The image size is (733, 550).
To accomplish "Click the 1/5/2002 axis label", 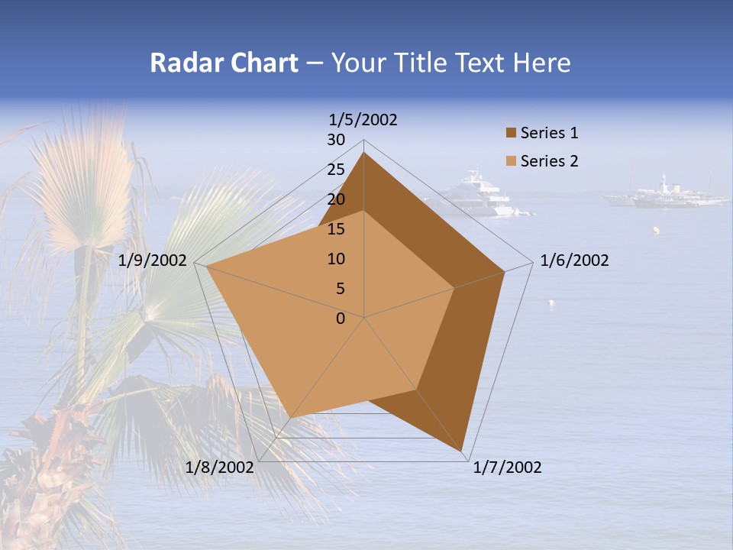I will [x=363, y=120].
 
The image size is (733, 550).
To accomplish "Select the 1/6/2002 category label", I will [x=574, y=261].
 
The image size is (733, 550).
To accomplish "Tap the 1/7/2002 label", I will [x=507, y=467].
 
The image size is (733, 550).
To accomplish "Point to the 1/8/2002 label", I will [x=219, y=467].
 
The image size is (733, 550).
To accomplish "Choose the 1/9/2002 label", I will [x=153, y=261].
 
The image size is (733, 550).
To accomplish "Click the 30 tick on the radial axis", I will [x=336, y=140].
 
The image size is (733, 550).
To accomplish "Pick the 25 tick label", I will [x=336, y=170].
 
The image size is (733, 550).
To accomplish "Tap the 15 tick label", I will [x=336, y=229].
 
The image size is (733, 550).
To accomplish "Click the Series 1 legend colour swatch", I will [x=511, y=134].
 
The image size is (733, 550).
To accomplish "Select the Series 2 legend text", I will [x=549, y=161].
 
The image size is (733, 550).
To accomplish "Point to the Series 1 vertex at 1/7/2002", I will [x=463, y=451].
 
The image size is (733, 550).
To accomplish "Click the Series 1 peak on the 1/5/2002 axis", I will [x=363, y=153].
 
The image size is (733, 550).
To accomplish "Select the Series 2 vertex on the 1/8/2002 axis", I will [x=291, y=418].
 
